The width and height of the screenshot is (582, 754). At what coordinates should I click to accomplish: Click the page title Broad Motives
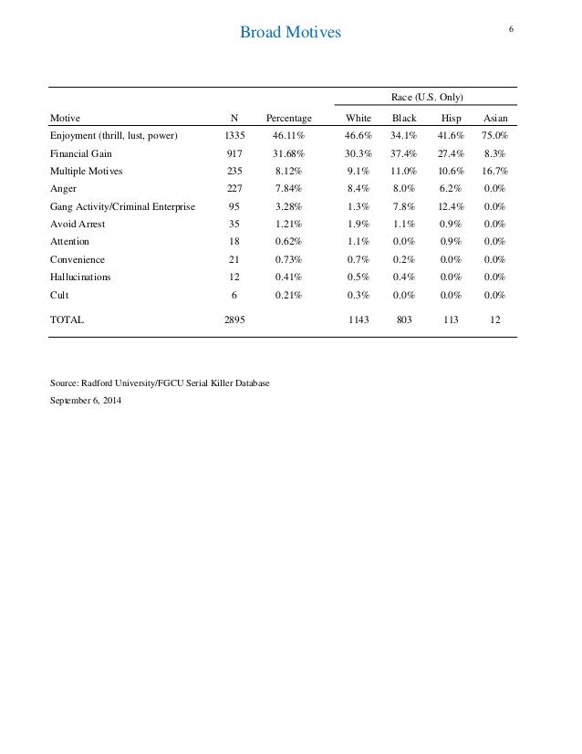point(289,34)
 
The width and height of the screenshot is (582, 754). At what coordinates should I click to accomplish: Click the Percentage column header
point(288,119)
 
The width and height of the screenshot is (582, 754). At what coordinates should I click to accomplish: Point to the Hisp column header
point(451,119)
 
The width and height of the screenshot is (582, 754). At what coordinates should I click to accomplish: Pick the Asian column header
point(495,119)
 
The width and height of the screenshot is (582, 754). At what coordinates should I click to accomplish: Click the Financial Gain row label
point(81,154)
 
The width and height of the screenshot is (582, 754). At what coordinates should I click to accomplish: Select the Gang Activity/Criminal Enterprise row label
point(121,206)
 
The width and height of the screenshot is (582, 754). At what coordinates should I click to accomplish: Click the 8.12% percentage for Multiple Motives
point(288,172)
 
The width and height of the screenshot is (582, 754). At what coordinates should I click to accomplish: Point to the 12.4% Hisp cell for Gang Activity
point(451,206)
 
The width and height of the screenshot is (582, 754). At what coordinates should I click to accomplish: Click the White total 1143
point(358,321)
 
